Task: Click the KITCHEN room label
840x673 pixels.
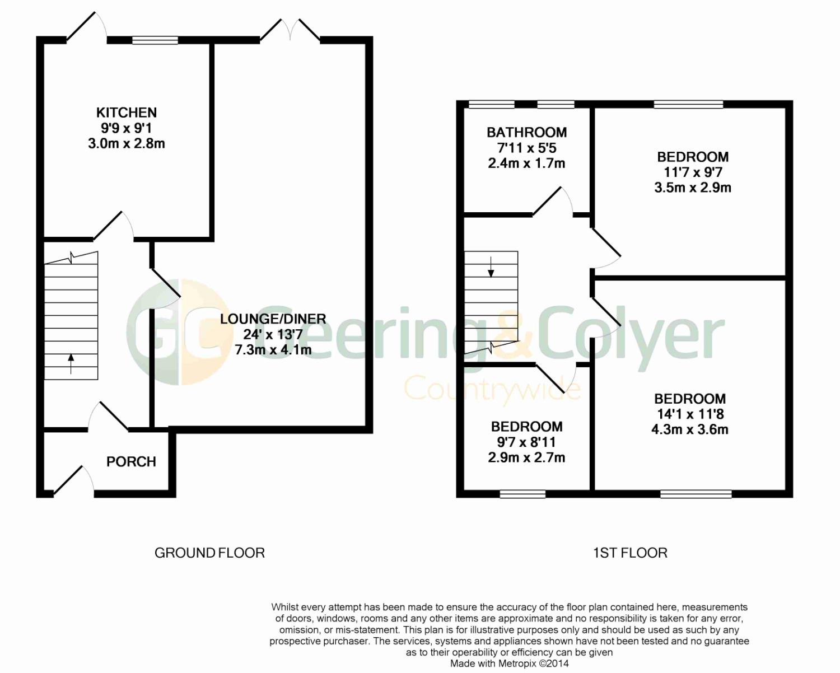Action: pos(127,113)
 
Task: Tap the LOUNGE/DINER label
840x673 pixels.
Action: pos(273,319)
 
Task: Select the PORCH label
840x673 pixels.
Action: pos(131,462)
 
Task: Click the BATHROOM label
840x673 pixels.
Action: pos(526,132)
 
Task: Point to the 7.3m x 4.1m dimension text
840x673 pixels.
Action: pos(273,349)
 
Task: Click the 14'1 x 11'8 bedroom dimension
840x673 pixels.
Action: pos(690,414)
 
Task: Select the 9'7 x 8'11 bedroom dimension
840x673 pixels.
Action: pos(526,442)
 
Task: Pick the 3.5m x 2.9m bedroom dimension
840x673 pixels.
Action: pos(693,188)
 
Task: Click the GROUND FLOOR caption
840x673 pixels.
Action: pos(209,553)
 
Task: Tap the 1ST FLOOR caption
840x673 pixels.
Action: pos(631,553)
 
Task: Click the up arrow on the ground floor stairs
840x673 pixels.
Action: pos(71,363)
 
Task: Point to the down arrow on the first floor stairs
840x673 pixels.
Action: pos(491,267)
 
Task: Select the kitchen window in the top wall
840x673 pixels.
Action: pos(155,40)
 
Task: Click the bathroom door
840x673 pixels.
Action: pos(552,201)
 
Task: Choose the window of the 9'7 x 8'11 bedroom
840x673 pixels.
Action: pos(522,494)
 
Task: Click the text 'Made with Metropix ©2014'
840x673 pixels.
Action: pos(510,663)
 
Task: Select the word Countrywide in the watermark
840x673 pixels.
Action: pos(493,387)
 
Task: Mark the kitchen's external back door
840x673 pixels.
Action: pos(87,26)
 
